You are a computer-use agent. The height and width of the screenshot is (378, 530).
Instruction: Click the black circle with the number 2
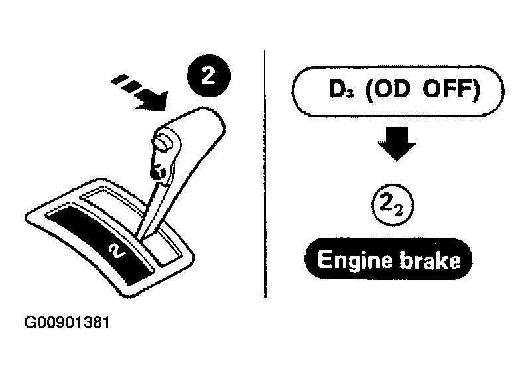point(208,76)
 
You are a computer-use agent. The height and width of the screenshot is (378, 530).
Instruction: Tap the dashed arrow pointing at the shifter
point(140,93)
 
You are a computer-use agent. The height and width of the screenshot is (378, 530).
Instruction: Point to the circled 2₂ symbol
point(393,205)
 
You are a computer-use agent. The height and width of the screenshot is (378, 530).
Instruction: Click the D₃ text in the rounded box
point(341,89)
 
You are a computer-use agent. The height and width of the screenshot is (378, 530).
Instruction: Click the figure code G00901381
point(67,322)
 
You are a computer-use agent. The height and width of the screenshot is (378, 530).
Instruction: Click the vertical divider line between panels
point(265,174)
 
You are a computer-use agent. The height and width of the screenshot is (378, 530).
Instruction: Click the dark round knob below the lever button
point(158,172)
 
